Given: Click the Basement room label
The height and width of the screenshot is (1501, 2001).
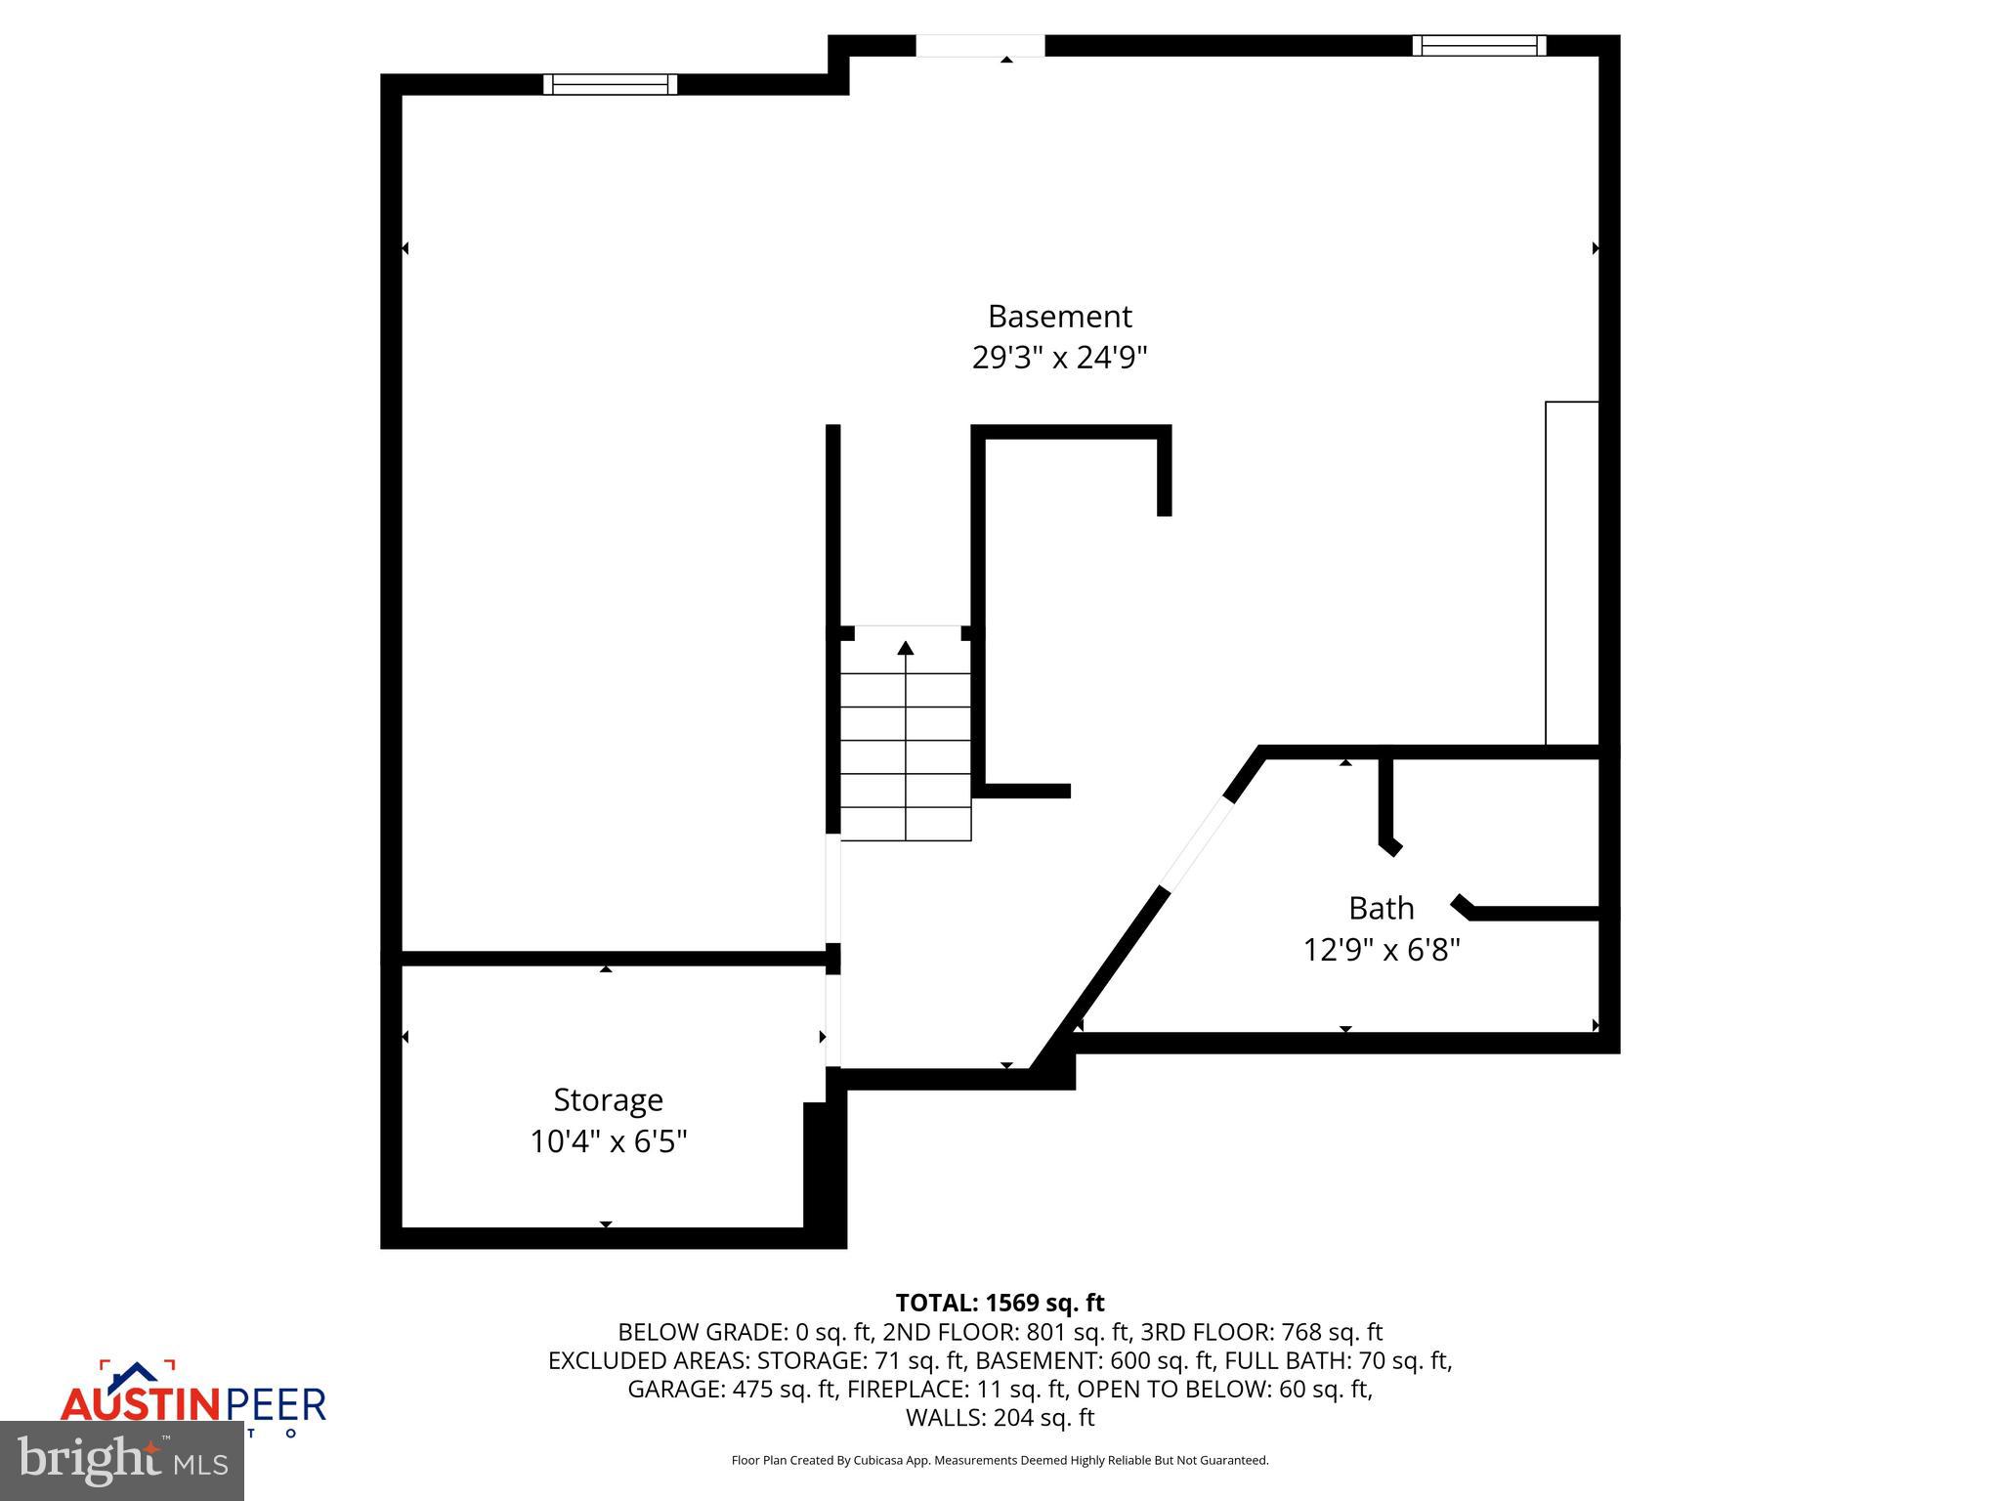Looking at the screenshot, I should tap(1059, 317).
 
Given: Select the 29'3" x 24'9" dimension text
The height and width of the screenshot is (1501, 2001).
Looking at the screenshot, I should tap(1059, 358).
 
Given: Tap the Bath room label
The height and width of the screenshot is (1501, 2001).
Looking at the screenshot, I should tap(1381, 909).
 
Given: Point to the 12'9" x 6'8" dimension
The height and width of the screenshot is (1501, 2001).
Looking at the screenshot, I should tap(1381, 950).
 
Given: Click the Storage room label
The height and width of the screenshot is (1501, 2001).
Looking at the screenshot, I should tap(608, 1100).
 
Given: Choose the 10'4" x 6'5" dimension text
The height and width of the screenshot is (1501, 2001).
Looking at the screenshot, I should tap(608, 1141).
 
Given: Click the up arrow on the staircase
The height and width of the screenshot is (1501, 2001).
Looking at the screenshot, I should tap(906, 648).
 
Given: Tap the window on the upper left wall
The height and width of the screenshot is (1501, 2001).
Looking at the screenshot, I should tap(610, 84).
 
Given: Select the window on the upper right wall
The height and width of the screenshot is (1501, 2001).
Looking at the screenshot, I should tap(1478, 45).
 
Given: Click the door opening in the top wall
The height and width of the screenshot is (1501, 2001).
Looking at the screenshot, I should tap(980, 46).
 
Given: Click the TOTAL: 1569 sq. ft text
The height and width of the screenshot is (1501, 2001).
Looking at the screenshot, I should tap(1000, 1303).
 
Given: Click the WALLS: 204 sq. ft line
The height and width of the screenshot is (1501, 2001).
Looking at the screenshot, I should tap(1000, 1418).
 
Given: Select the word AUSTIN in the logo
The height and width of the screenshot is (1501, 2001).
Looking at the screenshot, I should tap(143, 1405).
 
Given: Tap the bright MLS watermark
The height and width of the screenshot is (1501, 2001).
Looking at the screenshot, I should tap(122, 1460).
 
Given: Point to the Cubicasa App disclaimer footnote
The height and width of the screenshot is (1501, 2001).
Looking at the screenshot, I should tap(1000, 1461).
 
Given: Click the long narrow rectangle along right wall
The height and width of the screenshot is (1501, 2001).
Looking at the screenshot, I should tap(1571, 573).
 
